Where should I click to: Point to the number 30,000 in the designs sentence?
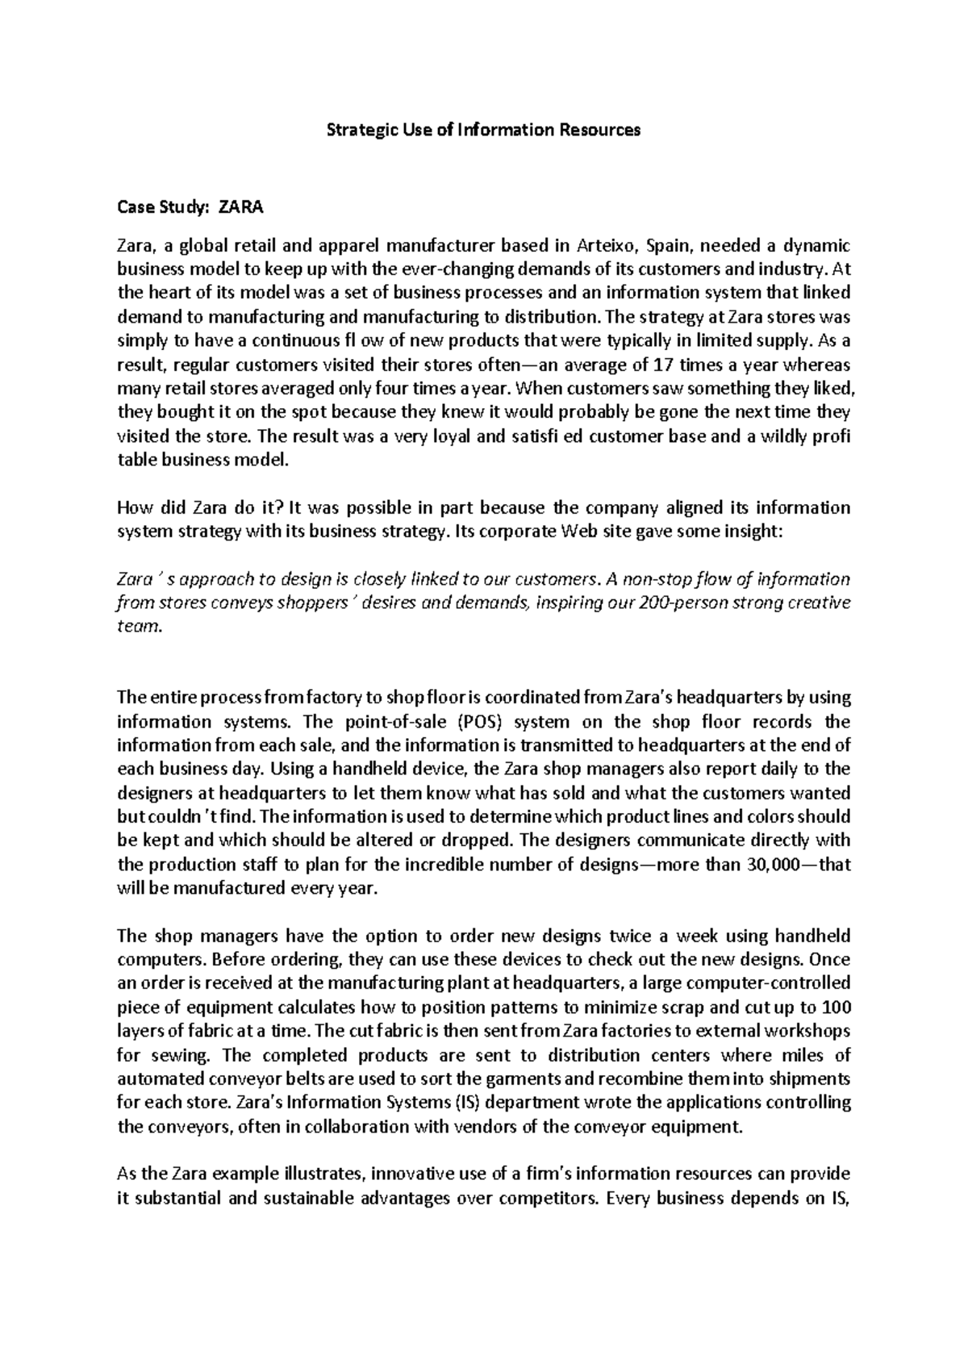click(x=773, y=864)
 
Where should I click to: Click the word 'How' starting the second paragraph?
click(x=133, y=508)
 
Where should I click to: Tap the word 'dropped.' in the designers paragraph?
click(x=476, y=840)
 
